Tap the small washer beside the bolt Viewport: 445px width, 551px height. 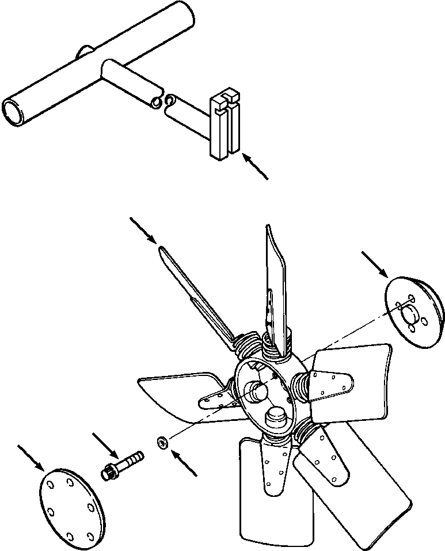(x=163, y=442)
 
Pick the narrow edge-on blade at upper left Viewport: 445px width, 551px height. (x=190, y=288)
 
